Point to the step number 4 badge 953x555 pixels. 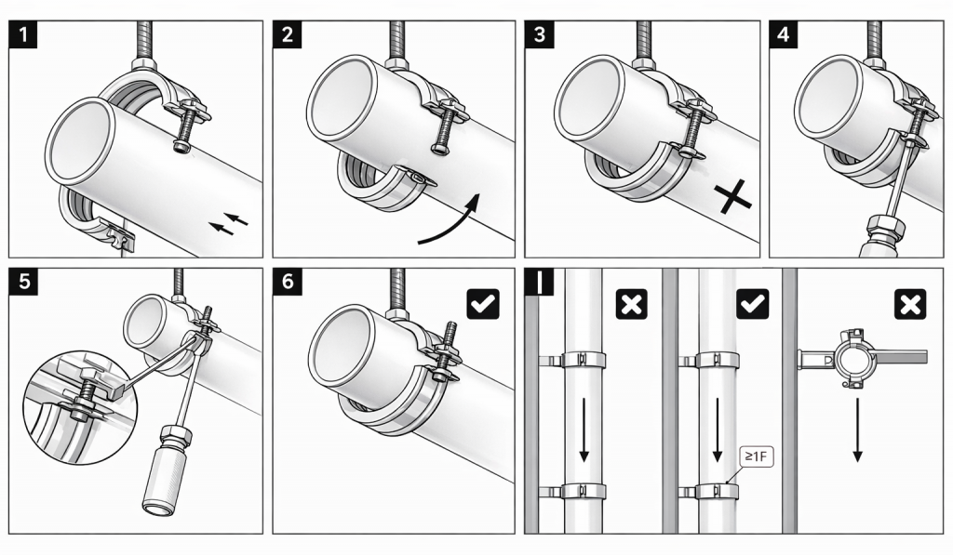pyautogui.click(x=784, y=35)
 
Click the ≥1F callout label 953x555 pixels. pyautogui.click(x=752, y=456)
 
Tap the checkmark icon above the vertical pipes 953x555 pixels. pyautogui.click(x=752, y=303)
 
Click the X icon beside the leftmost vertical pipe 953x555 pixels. pyautogui.click(x=632, y=303)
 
